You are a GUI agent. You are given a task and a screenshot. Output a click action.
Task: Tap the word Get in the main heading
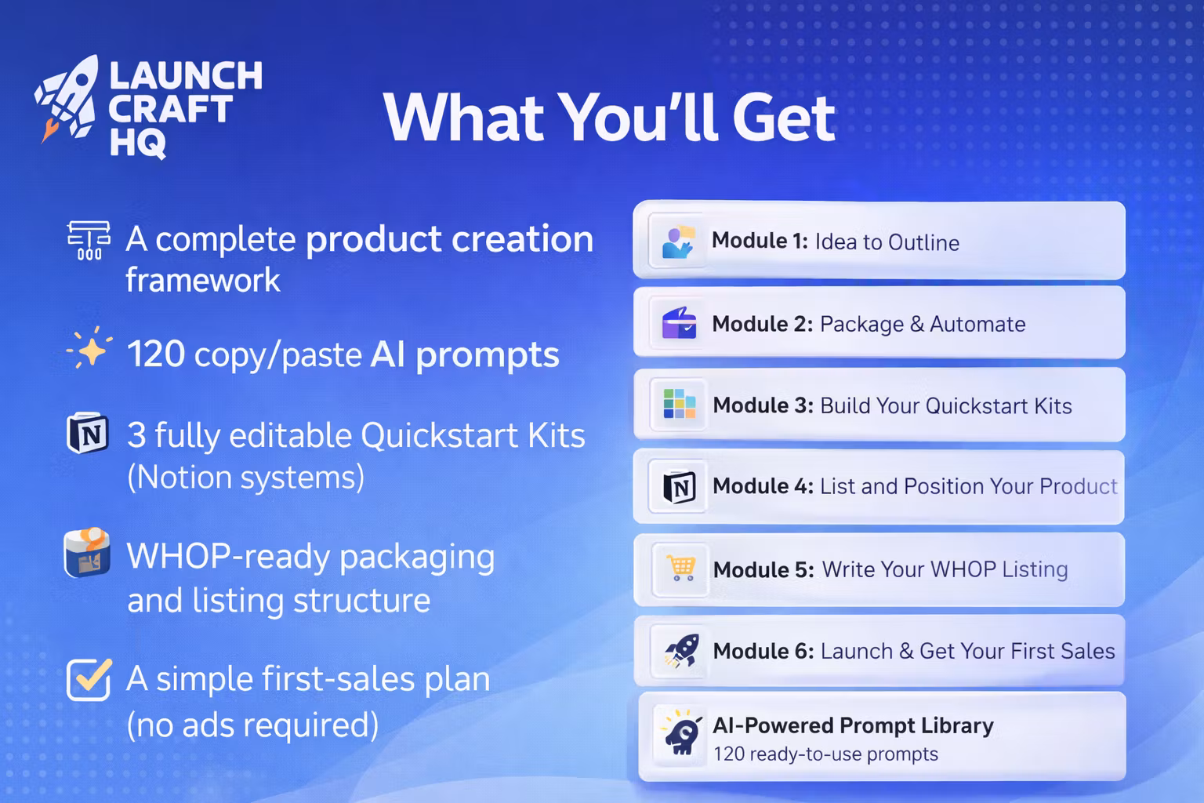784,118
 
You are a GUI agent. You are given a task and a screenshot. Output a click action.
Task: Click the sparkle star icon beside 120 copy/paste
90,348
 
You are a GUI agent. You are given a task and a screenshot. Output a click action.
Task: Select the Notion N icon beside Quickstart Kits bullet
88,433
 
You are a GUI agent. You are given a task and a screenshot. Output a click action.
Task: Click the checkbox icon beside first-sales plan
89,679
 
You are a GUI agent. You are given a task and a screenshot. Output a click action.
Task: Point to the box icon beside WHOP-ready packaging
87,552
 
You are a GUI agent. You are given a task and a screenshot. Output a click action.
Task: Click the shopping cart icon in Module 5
680,569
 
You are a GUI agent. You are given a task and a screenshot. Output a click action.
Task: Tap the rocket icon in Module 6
681,651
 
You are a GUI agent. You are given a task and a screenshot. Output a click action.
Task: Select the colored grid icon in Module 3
680,404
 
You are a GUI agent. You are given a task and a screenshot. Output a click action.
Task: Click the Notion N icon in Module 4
680,487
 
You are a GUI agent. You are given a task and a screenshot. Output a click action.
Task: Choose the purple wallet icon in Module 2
679,323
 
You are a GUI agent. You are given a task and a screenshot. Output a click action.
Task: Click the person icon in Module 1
678,242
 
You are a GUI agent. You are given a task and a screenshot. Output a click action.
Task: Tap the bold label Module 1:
760,241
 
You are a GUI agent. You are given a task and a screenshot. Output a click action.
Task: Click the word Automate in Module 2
977,325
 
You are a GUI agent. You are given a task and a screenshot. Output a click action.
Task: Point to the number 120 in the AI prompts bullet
156,354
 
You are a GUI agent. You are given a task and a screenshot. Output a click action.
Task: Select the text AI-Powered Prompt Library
853,726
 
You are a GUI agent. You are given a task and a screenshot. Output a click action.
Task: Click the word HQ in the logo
138,144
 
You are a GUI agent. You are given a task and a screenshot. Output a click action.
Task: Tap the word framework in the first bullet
203,280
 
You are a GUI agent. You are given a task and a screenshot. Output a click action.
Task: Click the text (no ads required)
252,725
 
